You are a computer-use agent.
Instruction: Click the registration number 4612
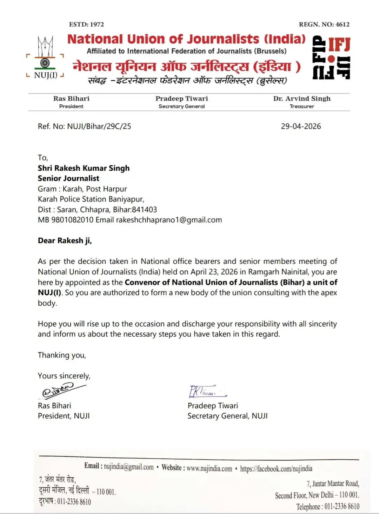342,24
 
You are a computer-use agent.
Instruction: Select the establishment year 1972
97,24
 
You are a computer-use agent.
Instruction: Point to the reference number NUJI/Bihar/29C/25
99,126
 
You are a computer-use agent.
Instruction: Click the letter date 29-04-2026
301,126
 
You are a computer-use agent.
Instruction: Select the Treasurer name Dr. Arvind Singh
302,99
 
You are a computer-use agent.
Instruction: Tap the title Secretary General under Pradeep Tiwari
181,106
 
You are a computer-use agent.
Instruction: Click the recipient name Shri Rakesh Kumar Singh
84,168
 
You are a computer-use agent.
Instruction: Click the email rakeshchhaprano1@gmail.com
169,220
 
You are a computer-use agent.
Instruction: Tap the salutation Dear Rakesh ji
65,241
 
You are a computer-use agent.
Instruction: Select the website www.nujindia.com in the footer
209,468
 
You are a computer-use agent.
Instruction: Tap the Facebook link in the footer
276,469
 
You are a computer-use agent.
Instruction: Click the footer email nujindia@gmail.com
128,467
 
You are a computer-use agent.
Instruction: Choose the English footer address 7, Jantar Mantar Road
333,484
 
